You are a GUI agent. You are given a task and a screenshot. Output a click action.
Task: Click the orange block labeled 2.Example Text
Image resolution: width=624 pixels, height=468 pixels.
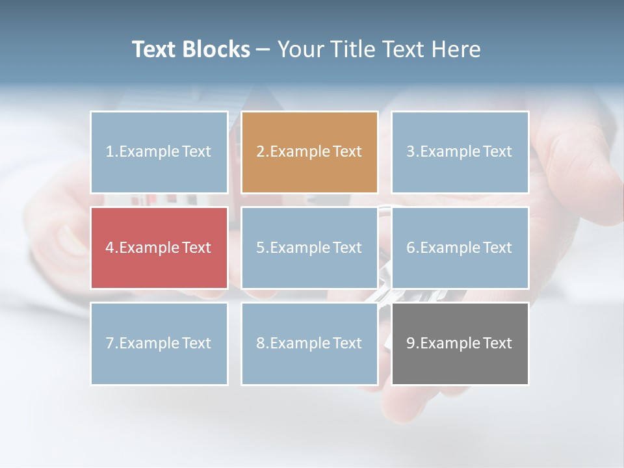click(x=309, y=152)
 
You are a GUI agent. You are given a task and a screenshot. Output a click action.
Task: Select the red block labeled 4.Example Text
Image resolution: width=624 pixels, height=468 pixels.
click(x=159, y=248)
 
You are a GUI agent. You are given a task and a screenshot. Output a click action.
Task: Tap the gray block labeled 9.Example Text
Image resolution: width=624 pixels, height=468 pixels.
click(x=460, y=343)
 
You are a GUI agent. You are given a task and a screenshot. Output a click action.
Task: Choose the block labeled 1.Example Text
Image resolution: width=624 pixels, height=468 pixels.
click(x=159, y=152)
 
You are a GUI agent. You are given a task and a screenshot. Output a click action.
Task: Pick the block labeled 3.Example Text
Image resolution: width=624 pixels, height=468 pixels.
click(x=460, y=152)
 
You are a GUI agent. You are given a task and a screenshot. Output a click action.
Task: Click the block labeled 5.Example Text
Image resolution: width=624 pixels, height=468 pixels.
click(x=309, y=248)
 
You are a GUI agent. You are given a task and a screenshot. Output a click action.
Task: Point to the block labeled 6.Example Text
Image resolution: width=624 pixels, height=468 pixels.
click(x=460, y=248)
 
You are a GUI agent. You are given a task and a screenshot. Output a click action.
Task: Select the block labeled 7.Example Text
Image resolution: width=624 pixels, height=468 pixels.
click(x=159, y=343)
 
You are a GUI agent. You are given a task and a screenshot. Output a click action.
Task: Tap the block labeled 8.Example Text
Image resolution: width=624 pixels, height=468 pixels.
click(x=309, y=343)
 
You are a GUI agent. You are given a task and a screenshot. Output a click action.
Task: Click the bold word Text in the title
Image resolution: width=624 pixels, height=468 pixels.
click(x=154, y=49)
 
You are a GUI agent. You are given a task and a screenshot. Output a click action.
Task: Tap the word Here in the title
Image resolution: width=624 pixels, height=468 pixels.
click(x=458, y=49)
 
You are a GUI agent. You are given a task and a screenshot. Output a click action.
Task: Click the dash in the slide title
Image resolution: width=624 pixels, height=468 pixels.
click(x=263, y=49)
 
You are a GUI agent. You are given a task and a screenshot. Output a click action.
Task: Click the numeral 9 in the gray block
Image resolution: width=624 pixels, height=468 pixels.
click(x=411, y=343)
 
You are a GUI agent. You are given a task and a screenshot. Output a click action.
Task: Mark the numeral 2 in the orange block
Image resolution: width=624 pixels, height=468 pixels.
click(x=260, y=152)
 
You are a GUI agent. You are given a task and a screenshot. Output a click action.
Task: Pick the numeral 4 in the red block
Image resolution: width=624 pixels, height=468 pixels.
click(x=109, y=248)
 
